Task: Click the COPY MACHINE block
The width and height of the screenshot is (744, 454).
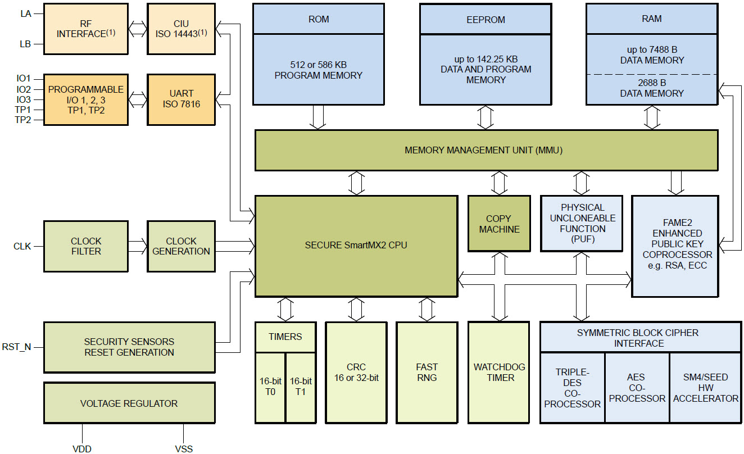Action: point(499,224)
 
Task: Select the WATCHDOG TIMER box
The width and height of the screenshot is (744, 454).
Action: point(498,372)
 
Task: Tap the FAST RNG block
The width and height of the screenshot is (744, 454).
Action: point(427,372)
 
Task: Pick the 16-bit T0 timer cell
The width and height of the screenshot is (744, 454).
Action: point(270,387)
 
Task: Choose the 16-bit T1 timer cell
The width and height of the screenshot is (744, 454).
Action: point(301,387)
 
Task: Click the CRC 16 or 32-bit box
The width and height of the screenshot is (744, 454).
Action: point(356,372)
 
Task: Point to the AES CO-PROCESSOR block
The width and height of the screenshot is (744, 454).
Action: point(637,388)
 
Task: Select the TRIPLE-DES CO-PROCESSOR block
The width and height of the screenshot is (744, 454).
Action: point(572,388)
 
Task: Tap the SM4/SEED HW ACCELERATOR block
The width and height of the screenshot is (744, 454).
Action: point(705,388)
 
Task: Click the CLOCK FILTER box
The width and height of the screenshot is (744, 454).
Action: point(86,246)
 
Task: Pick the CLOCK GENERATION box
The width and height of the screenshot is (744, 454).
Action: point(181,246)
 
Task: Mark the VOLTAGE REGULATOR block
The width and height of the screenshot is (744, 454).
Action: point(129,403)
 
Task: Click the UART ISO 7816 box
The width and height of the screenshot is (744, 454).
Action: point(181,99)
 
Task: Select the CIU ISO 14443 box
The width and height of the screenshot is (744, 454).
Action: point(181,29)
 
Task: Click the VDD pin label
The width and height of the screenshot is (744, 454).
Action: point(82,448)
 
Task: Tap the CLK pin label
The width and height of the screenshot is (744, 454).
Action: point(22,246)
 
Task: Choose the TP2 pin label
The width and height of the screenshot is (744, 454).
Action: point(22,120)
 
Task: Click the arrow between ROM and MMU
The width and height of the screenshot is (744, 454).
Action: point(318,117)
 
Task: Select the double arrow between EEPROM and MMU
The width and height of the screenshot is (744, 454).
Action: point(486,117)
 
